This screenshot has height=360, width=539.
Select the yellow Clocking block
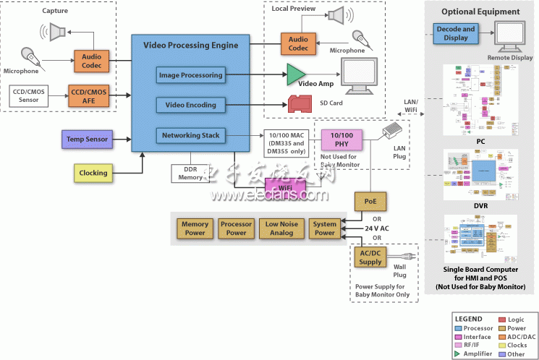93,173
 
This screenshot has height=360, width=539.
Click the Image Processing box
190,74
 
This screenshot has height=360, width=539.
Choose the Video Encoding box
190,105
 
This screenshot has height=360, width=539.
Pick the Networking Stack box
190,135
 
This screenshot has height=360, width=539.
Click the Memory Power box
195,228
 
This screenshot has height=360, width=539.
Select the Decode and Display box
456,33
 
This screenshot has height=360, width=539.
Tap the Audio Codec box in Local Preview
298,43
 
